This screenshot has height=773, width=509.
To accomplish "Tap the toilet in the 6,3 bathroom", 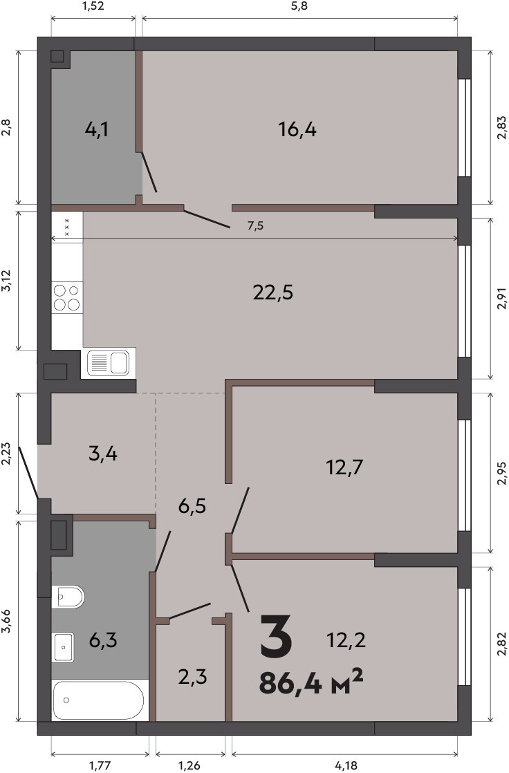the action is pos(68,597).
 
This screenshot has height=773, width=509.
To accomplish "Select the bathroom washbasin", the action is pos(63,647).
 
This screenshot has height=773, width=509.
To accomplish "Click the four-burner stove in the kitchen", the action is pos(67,297).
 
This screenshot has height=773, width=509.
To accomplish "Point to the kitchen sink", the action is pos(108,363).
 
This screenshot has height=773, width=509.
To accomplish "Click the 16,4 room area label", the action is pos(297,130).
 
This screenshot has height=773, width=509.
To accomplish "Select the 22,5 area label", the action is pos(272,293).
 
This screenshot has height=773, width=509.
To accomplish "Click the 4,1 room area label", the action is pos(97,130).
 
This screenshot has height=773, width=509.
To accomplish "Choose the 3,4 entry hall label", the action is pos(103,453).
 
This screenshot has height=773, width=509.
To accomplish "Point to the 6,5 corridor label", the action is pos(192,506).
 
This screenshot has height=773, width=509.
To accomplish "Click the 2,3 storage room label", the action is pos(192,677).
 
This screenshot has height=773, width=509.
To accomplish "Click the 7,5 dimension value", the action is pos(255,226).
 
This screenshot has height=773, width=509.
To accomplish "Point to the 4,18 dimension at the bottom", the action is pos(346,765).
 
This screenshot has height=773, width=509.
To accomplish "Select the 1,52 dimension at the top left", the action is pos(93,6).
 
